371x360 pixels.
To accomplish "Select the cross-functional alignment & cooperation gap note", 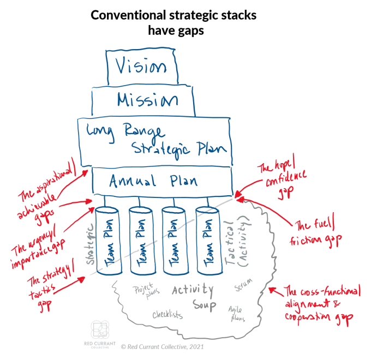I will pyautogui.click(x=321, y=305).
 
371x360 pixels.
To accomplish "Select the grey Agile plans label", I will pyautogui.click(x=237, y=313).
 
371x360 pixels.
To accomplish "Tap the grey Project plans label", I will pyautogui.click(x=145, y=289).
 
